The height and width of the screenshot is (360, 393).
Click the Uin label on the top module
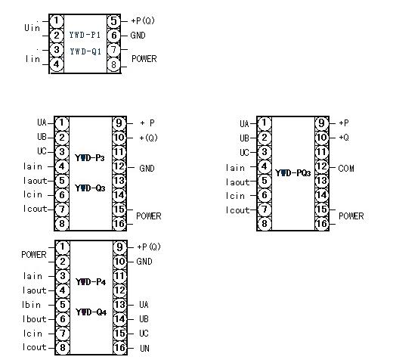(x=32, y=28)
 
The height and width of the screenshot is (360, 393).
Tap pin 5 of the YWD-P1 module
(x=114, y=21)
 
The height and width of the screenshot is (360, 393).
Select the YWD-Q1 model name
(x=85, y=51)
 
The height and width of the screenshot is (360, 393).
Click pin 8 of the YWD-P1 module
(x=114, y=65)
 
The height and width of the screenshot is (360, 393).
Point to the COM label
(x=346, y=169)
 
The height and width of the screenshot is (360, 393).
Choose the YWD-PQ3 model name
(x=292, y=173)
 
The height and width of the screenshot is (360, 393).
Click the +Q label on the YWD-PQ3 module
(x=344, y=138)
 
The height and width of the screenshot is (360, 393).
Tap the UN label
(x=144, y=349)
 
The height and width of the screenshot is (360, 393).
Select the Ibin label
(x=31, y=305)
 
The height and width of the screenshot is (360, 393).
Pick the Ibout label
(x=34, y=319)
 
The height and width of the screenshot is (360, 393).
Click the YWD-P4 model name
(x=91, y=282)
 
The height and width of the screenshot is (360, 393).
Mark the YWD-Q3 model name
(x=90, y=188)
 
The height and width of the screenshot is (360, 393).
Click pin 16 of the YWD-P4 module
(x=120, y=348)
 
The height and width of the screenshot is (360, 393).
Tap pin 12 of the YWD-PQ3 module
(x=322, y=166)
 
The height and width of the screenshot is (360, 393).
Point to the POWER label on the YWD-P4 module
(x=34, y=255)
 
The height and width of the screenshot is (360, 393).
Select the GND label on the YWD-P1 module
(x=138, y=36)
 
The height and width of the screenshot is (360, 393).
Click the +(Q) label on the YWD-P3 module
(x=148, y=138)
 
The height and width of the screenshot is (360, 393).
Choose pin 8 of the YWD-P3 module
(x=62, y=224)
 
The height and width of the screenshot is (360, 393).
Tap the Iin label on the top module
(x=32, y=59)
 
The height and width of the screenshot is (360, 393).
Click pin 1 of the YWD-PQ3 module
(x=264, y=123)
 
